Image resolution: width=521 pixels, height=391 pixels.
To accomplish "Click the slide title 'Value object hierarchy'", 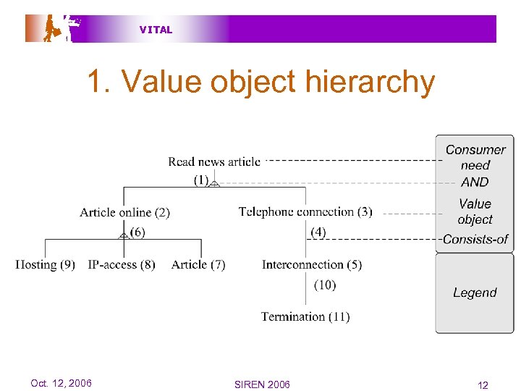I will point(260,82).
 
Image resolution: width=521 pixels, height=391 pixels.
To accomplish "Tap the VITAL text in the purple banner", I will point(156,30).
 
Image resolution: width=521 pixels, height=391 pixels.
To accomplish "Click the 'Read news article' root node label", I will point(214,161).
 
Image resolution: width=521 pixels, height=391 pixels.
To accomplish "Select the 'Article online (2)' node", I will point(125,212).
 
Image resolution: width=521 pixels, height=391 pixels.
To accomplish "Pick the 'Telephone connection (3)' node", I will point(305,211).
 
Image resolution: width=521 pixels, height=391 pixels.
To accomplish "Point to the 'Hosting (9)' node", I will point(46,264).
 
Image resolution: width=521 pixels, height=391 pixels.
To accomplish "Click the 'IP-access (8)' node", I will point(122,264).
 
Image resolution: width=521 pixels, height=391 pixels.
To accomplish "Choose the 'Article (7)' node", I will point(198,264).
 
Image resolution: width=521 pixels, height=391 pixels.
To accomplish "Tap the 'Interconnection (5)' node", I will point(312,264).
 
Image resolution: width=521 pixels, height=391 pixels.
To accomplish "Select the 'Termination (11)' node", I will point(305,316).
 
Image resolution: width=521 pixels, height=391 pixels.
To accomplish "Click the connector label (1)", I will point(201,180).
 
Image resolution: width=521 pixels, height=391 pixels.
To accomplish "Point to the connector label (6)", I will point(137,232).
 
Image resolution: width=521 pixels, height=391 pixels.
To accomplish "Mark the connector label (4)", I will point(318,232).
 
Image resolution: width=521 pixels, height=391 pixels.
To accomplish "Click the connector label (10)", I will point(325,285).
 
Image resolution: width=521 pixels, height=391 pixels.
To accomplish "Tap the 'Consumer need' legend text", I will point(475,157).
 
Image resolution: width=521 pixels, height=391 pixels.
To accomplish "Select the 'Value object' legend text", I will point(475,211).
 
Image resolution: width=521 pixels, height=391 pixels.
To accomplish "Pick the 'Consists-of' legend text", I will point(475,239).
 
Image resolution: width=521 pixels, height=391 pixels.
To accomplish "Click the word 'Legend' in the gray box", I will point(475,293).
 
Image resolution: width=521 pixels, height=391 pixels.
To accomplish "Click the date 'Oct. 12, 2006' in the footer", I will point(61,383).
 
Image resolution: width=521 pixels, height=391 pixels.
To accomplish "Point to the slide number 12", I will point(483,384).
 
